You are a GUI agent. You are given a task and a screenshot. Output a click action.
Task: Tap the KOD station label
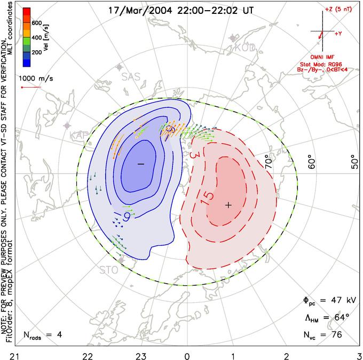(x=245, y=48)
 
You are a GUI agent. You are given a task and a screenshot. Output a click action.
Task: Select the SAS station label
(x=131, y=77)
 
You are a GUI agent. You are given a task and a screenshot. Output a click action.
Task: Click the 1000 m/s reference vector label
(x=33, y=78)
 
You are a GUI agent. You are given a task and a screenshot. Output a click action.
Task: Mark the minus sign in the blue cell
(x=141, y=163)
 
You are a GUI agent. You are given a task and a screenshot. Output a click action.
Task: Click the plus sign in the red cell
(x=228, y=205)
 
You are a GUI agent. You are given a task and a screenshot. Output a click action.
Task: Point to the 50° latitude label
(x=354, y=161)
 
